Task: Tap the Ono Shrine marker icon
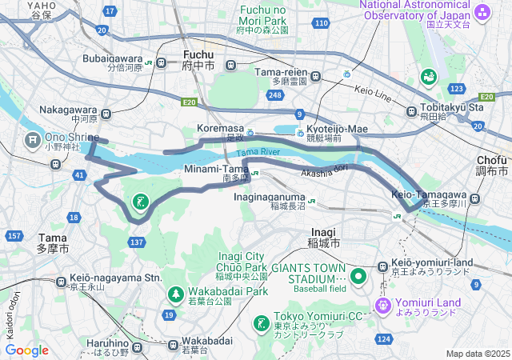click(x=33, y=142)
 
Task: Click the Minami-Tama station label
click(x=218, y=169)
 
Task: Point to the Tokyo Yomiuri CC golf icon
click(x=260, y=323)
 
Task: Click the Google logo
click(x=27, y=350)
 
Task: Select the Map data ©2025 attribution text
click(x=477, y=354)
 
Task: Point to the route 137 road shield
click(x=137, y=242)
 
